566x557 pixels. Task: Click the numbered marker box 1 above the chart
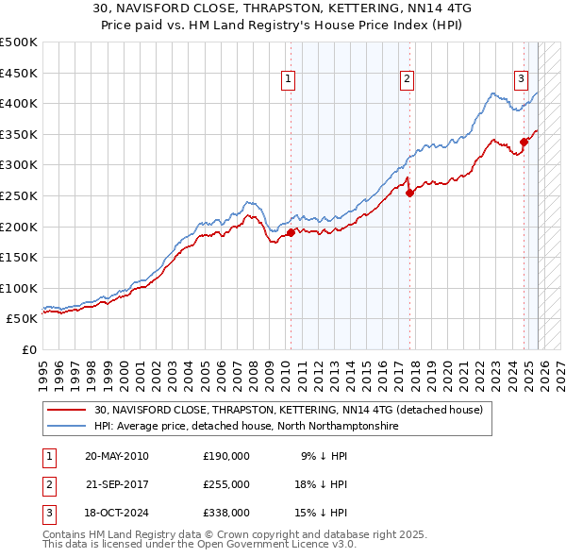click(x=287, y=80)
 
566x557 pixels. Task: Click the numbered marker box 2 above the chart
click(x=407, y=80)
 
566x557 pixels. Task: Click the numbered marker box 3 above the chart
click(x=521, y=80)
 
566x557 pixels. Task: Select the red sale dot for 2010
click(x=291, y=233)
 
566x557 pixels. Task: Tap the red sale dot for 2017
click(x=409, y=194)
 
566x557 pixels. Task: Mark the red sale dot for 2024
click(x=524, y=143)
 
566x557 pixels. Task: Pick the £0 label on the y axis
click(x=28, y=349)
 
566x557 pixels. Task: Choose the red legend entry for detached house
click(x=288, y=411)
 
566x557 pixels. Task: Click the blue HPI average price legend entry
click(x=245, y=427)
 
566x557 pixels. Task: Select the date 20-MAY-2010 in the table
click(x=117, y=456)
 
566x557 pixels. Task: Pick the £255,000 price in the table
click(x=226, y=484)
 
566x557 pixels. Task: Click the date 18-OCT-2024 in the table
click(x=117, y=513)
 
